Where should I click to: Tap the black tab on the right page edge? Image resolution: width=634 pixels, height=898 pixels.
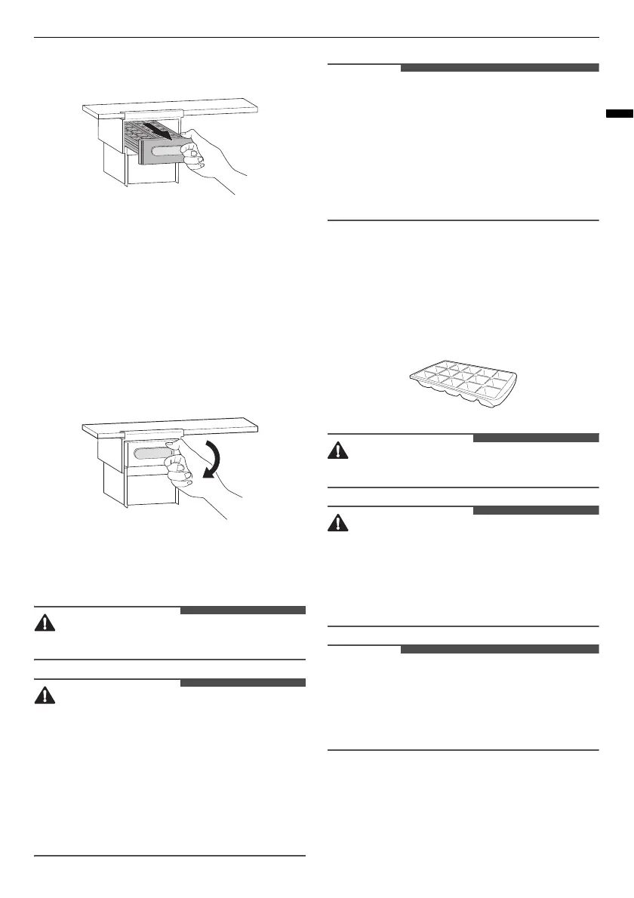click(x=620, y=114)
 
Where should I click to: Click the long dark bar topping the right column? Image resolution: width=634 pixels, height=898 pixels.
click(x=499, y=68)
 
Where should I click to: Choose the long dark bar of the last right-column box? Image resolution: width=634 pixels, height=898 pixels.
click(x=499, y=649)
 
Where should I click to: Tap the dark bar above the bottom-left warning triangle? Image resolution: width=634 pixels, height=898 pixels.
click(x=242, y=683)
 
